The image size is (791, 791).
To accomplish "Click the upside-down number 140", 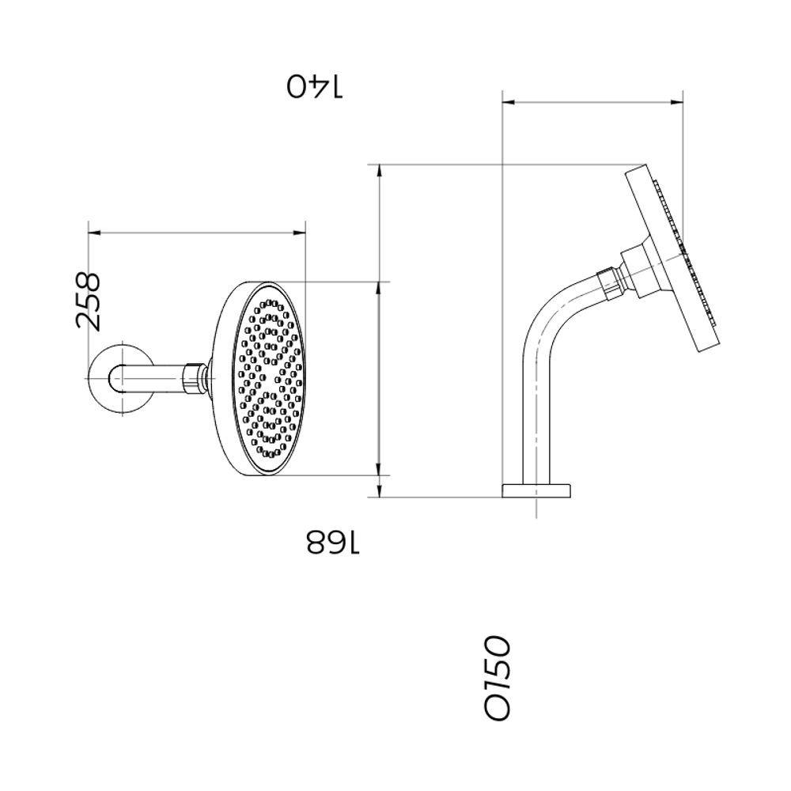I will coord(316,86).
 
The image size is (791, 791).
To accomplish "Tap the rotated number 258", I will coord(89,301).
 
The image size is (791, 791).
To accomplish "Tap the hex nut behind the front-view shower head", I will coord(195,377).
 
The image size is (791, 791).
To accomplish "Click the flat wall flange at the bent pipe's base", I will coord(536,490).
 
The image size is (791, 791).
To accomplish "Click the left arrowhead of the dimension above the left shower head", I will coord(93,232).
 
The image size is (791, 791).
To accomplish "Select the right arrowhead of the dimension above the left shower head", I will coord(300,232).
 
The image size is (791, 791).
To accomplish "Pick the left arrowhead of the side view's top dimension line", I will coord(509,101).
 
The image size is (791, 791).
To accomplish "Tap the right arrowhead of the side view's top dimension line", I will coord(678,101).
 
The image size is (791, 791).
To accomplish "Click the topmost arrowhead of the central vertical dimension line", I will coord(380,168).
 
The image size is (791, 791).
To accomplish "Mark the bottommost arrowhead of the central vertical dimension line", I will coord(380,493).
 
